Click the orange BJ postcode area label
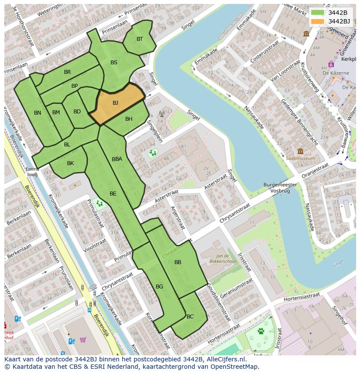[x=115, y=103]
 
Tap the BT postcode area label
[x=140, y=39]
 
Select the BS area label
[x=114, y=63]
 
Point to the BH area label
[x=129, y=119]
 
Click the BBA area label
[x=117, y=159]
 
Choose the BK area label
[x=70, y=163]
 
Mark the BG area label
[x=159, y=286]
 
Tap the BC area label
[x=190, y=317]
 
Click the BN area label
[x=38, y=113]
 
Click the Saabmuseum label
[x=300, y=159]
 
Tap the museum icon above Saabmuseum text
[x=300, y=152]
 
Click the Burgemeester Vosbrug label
[x=280, y=188]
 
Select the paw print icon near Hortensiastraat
[x=261, y=331]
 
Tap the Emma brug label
[x=32, y=172]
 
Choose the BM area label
[x=56, y=113]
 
